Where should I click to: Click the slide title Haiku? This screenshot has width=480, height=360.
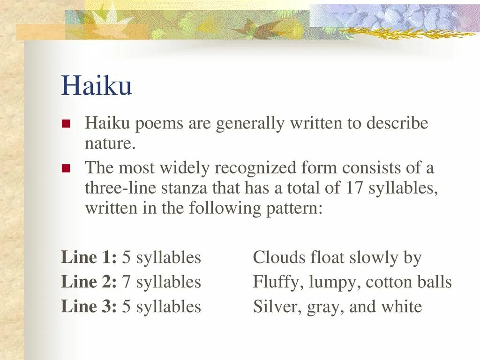[x=96, y=86]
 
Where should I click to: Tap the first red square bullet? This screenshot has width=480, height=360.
[x=66, y=124]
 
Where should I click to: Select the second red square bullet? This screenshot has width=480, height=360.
[x=66, y=168]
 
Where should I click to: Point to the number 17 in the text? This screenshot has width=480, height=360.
[x=355, y=188]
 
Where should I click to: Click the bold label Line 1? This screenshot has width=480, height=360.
[x=89, y=257]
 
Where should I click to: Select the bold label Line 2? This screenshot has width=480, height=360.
[x=89, y=282]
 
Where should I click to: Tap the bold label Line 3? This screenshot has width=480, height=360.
[x=89, y=307]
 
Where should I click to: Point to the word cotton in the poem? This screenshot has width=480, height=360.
[x=387, y=282]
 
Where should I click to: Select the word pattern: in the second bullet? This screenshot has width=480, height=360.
[x=294, y=208]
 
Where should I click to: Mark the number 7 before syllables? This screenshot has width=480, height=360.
[x=126, y=282]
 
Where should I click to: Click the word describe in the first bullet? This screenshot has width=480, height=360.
[x=397, y=124]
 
